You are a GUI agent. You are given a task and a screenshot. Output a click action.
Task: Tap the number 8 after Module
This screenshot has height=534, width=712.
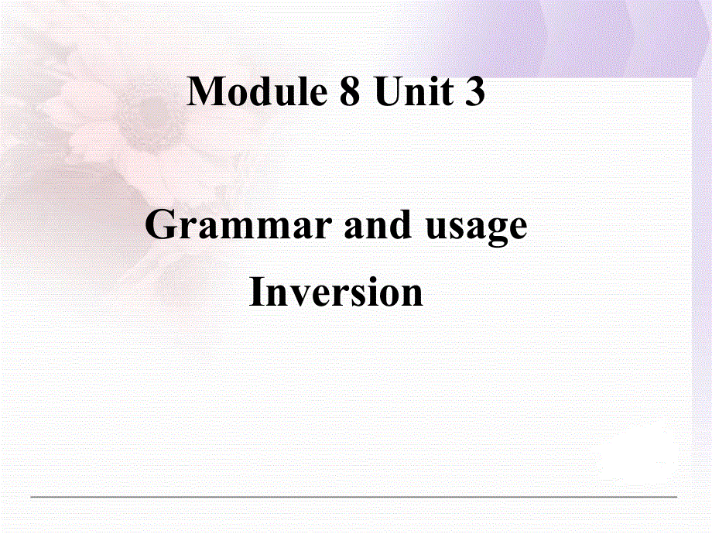click(x=349, y=92)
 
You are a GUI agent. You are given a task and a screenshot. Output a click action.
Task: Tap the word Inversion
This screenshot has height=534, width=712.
click(x=337, y=293)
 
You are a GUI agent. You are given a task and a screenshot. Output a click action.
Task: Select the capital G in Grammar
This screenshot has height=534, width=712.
click(x=162, y=226)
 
